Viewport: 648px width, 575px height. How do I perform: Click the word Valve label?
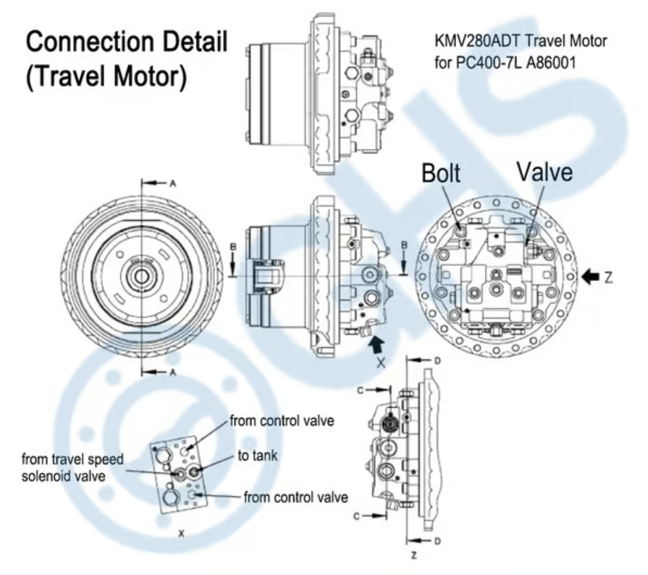[544, 173]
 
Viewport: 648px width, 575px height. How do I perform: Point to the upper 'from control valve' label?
[282, 420]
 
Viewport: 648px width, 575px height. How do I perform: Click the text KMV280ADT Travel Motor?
[520, 41]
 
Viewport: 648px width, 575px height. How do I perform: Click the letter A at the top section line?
[173, 184]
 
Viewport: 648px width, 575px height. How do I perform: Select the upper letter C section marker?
[358, 390]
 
